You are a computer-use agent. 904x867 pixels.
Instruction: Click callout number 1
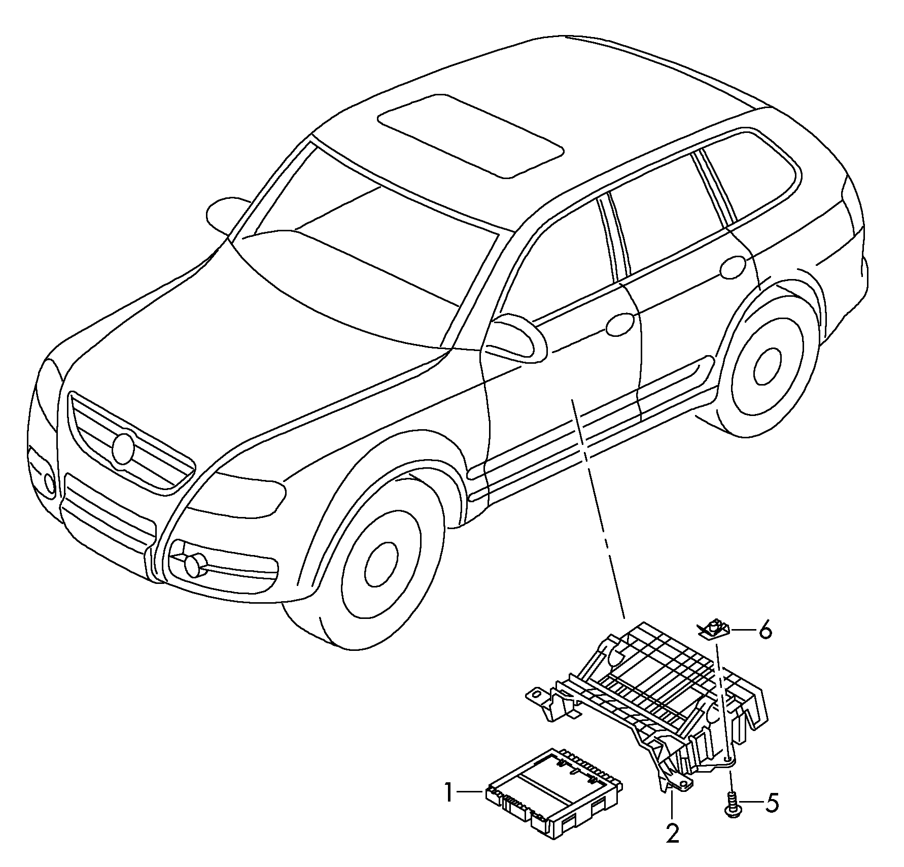[448, 793]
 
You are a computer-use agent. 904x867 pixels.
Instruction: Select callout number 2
[672, 834]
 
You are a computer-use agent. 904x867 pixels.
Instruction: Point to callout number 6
[765, 631]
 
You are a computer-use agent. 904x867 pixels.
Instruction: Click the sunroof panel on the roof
[470, 135]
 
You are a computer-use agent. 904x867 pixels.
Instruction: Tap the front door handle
[620, 325]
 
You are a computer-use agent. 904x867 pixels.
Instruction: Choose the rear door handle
[733, 267]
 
